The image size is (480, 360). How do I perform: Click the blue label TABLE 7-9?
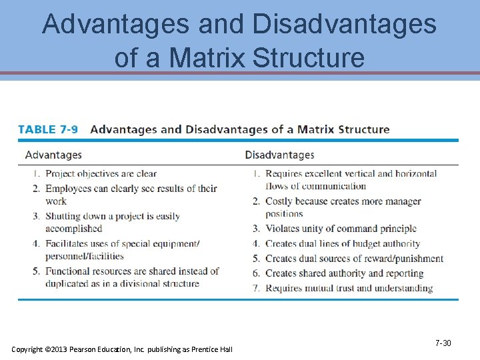point(48,129)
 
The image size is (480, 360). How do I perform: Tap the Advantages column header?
point(53,155)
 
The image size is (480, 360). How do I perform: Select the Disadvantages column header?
point(279,155)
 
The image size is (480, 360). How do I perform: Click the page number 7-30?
point(443,343)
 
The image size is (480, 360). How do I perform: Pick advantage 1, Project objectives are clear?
point(101,174)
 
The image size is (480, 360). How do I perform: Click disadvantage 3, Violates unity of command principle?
point(341,229)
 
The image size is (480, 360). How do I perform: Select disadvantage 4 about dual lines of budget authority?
point(343,244)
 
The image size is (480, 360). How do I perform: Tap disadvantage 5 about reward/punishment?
point(354,259)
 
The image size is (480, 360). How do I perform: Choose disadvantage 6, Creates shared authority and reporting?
point(344,273)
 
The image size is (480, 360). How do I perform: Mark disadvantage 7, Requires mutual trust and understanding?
point(349,288)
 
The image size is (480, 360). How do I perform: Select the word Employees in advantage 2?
point(68,189)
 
